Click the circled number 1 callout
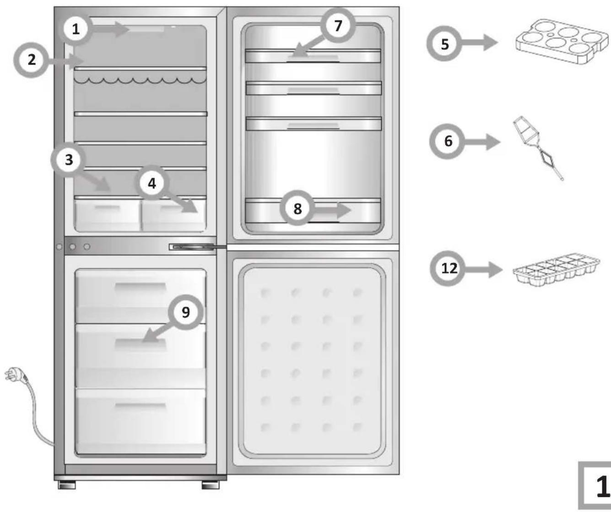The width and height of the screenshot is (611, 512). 76,29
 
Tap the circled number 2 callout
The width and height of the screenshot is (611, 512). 31,60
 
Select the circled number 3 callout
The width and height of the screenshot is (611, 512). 69,160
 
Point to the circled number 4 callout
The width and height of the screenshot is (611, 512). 151,183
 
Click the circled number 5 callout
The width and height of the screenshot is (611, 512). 444,44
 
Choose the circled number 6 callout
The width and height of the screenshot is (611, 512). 448,142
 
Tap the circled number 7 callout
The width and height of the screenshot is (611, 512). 338,26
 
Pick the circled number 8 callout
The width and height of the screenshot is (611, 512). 297,208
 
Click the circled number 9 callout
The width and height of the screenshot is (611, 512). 185,312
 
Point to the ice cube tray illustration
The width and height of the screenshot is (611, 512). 556,269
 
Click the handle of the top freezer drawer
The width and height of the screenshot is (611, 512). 141,287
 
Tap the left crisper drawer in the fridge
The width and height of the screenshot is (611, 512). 108,214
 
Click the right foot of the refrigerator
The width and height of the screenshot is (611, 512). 211,485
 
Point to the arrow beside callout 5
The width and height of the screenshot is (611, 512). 479,43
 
